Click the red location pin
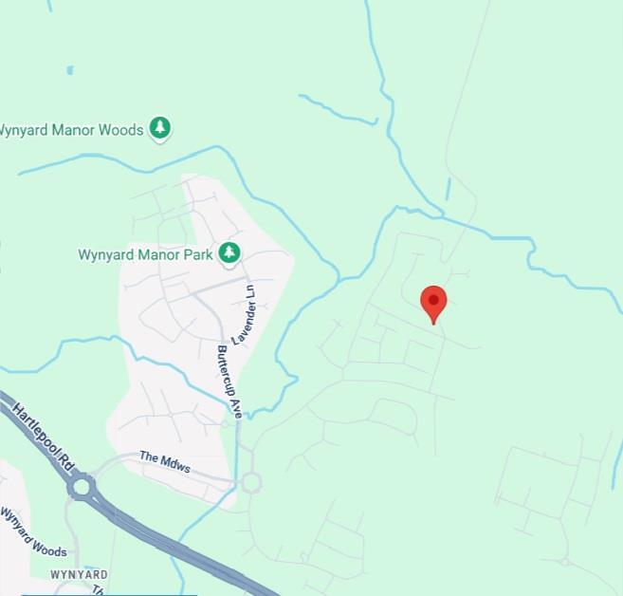tap(433, 303)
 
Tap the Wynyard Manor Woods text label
tap(71, 129)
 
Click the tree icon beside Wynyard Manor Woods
tap(160, 128)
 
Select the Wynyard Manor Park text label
tap(145, 254)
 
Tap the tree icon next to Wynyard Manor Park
tap(229, 252)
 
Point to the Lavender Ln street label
tap(244, 314)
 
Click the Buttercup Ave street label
tap(229, 382)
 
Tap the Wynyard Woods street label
tap(32, 532)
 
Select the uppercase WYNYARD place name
tap(80, 575)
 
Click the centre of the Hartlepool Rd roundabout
tap(81, 488)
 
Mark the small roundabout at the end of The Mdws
tap(250, 482)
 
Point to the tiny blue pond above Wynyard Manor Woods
tap(70, 69)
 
